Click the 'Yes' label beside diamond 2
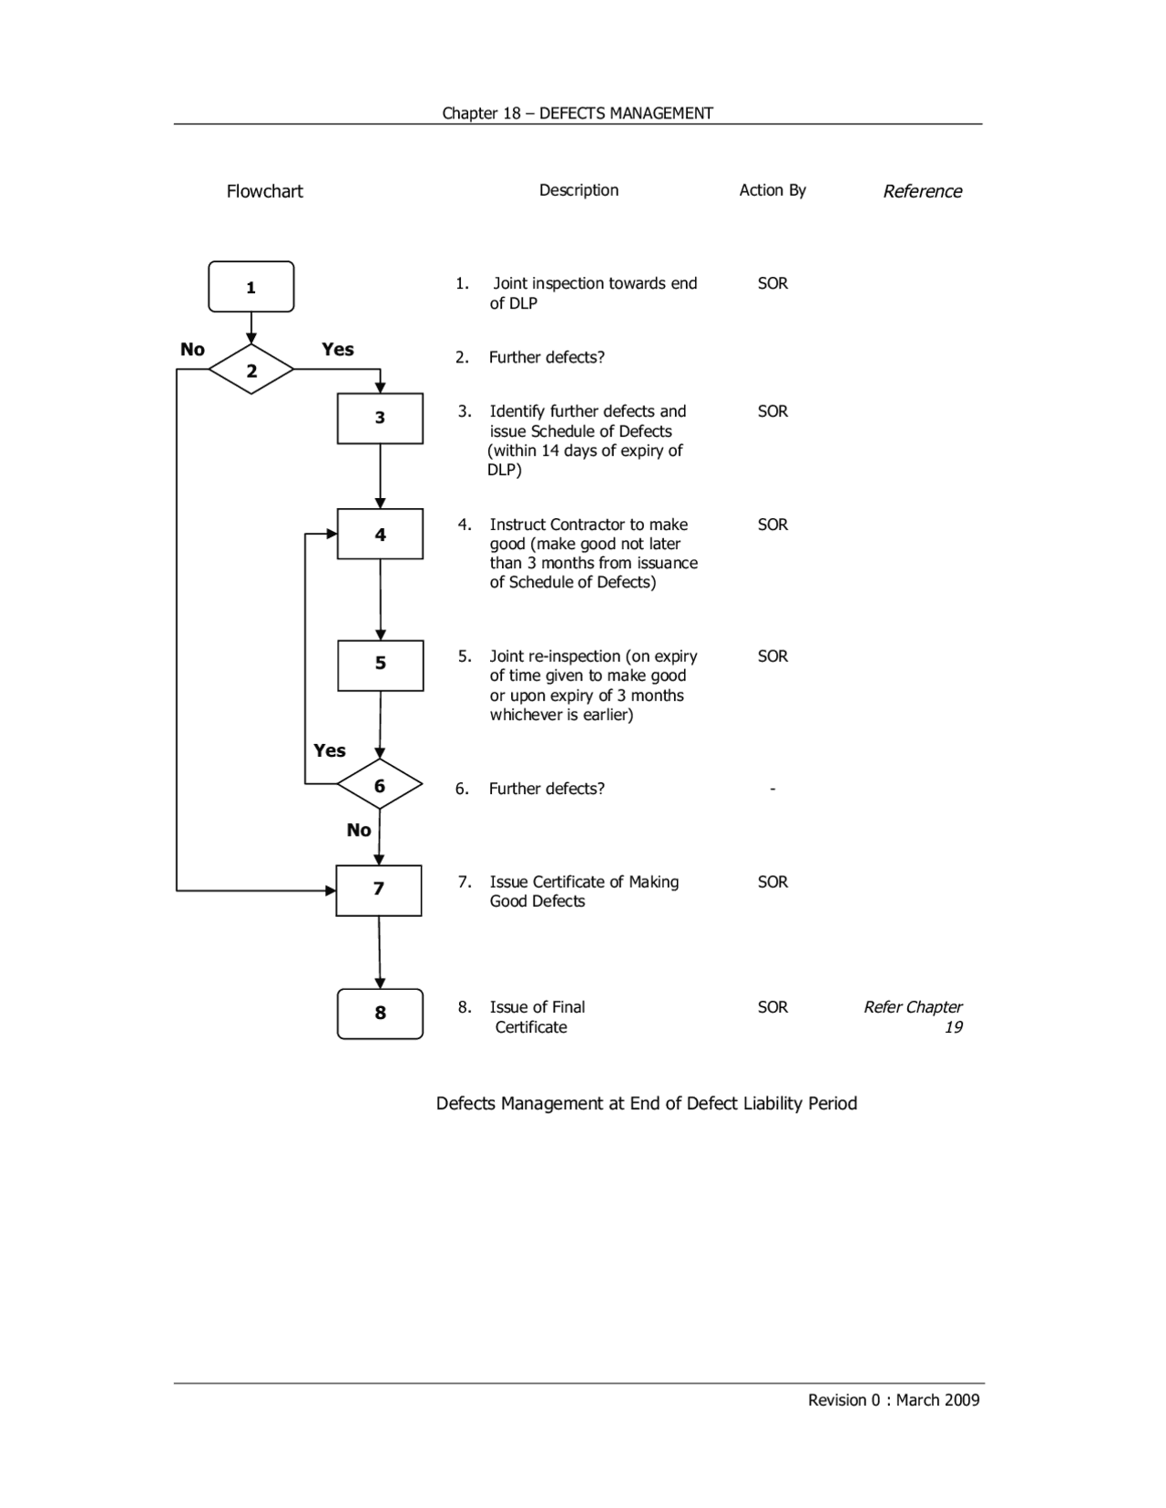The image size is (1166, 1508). (x=337, y=349)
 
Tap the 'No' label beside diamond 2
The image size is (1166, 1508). (x=192, y=349)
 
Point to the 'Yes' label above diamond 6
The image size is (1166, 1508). (x=329, y=750)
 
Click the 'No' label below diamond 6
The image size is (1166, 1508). (x=359, y=830)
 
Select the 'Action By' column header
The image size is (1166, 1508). (x=772, y=190)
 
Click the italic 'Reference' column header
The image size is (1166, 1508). (x=923, y=191)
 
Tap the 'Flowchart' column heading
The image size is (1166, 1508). (x=264, y=191)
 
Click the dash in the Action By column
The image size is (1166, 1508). (x=772, y=789)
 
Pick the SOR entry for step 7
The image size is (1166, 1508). (x=772, y=882)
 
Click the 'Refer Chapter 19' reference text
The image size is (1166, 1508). (x=913, y=1016)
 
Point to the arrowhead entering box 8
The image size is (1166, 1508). (x=380, y=983)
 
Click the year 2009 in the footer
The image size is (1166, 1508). (x=961, y=1401)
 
